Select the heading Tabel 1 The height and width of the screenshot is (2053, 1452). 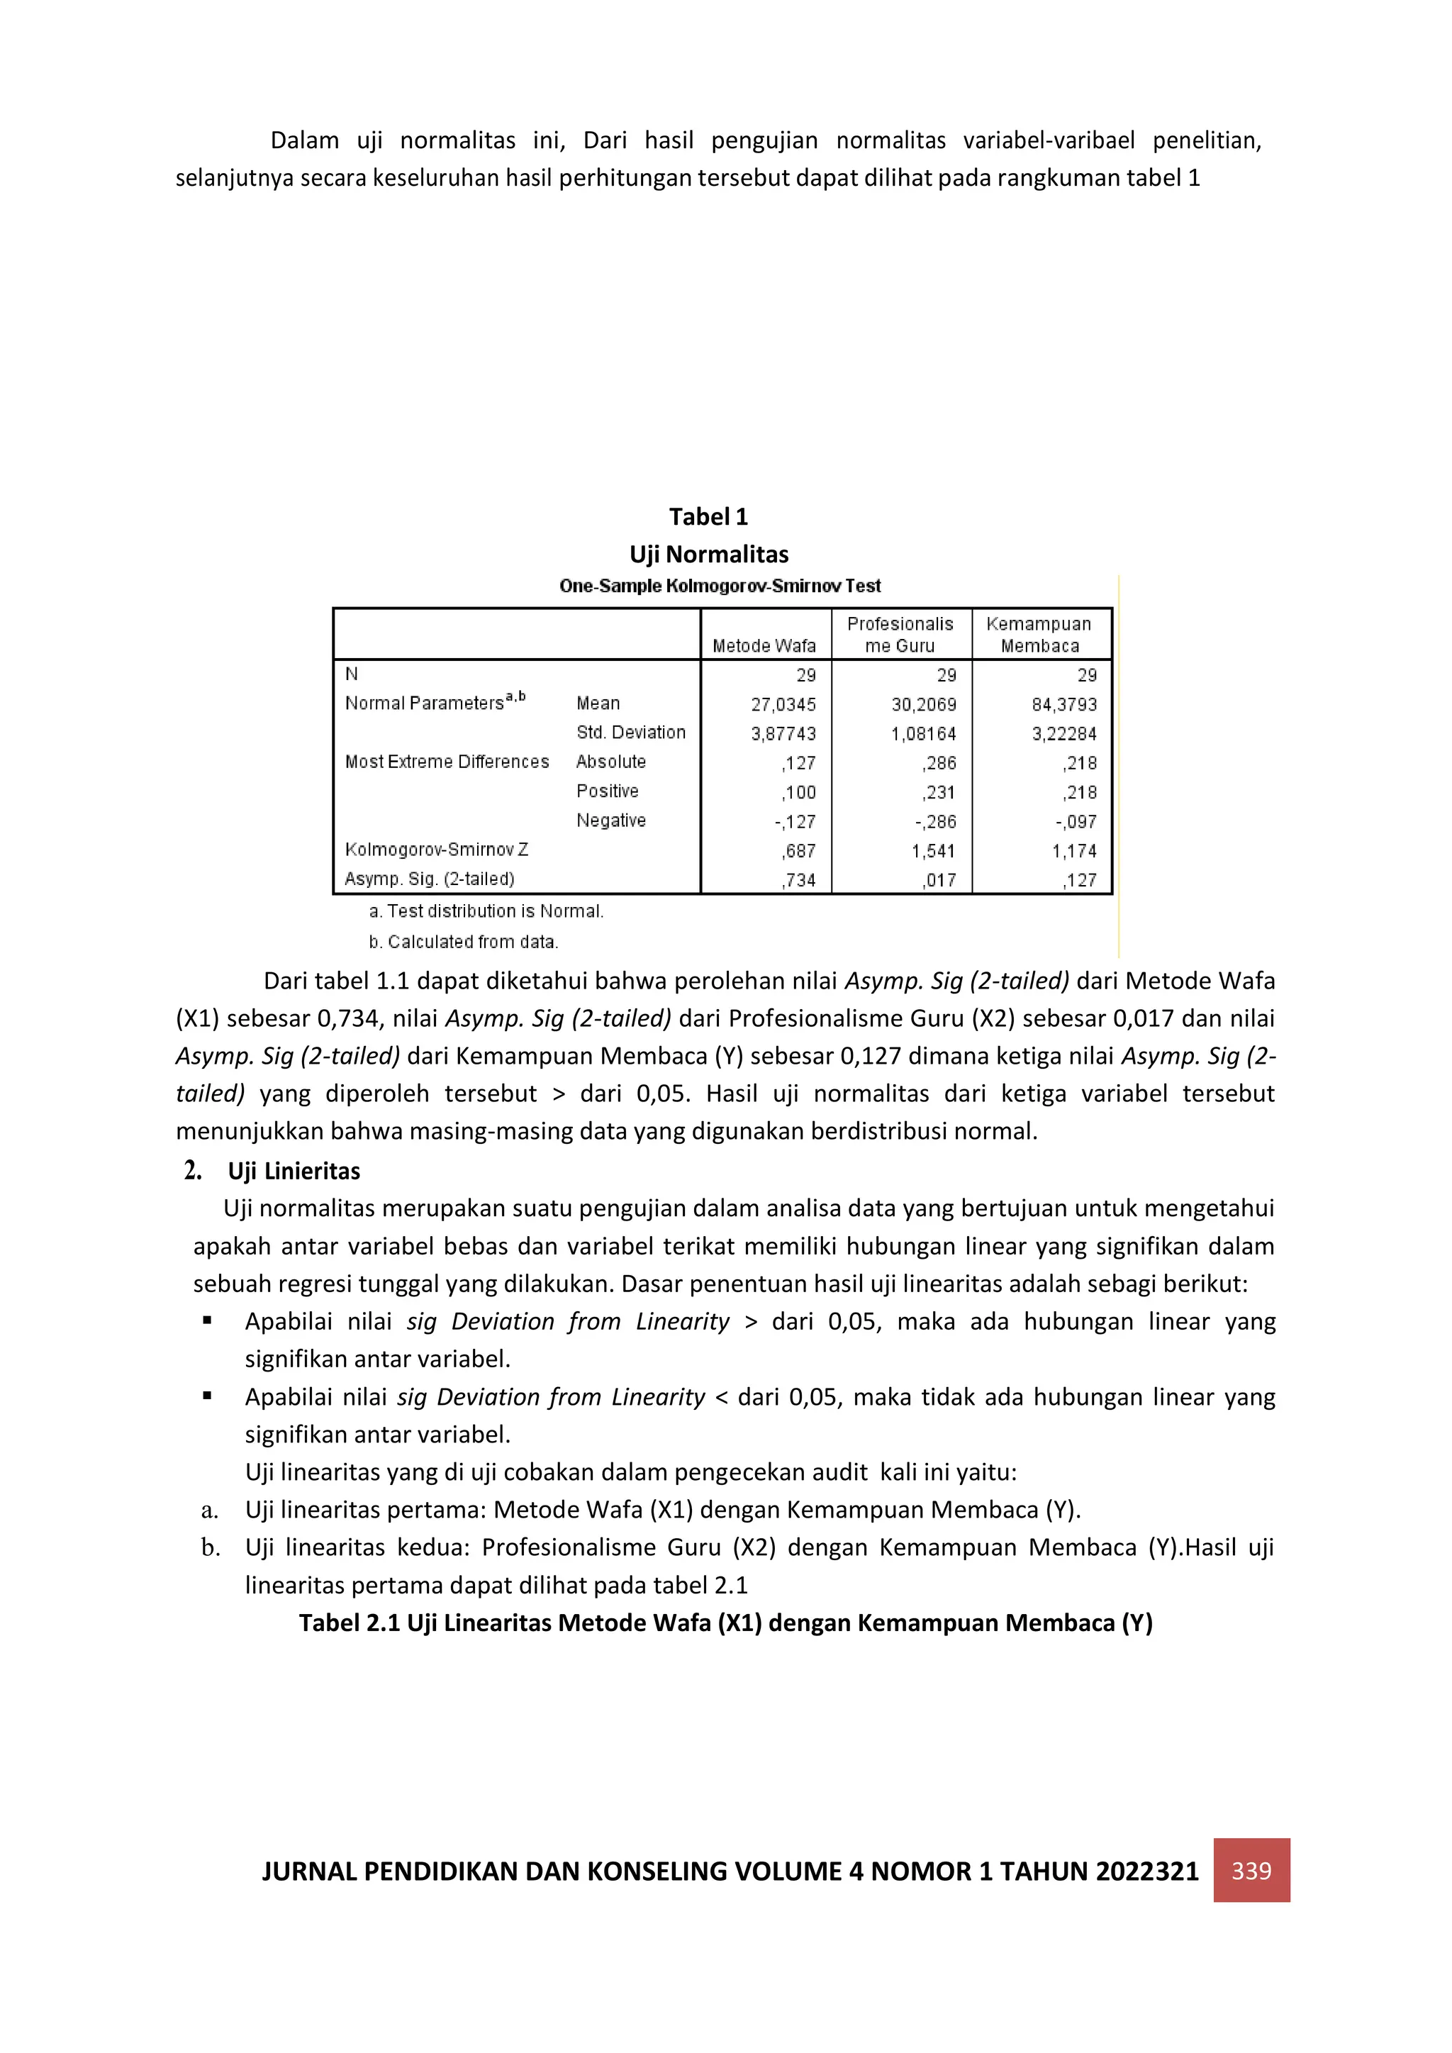[708, 517]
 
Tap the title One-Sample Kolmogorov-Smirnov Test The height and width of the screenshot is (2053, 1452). [720, 586]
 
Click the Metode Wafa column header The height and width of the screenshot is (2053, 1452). [764, 645]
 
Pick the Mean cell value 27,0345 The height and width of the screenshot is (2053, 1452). [783, 705]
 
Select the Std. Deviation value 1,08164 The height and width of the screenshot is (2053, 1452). [924, 734]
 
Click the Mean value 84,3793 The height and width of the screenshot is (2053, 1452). [1064, 705]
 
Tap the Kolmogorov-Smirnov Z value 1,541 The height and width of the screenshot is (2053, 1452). [934, 851]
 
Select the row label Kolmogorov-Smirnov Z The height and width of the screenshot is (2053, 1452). [436, 850]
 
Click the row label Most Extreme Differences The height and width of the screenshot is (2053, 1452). [447, 762]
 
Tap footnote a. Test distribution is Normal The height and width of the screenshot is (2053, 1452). [486, 911]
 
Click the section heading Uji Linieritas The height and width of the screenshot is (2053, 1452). [294, 1172]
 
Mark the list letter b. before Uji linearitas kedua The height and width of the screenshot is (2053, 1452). [210, 1548]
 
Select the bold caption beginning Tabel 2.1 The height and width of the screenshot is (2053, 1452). [725, 1623]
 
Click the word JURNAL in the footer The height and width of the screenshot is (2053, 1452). [308, 1871]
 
